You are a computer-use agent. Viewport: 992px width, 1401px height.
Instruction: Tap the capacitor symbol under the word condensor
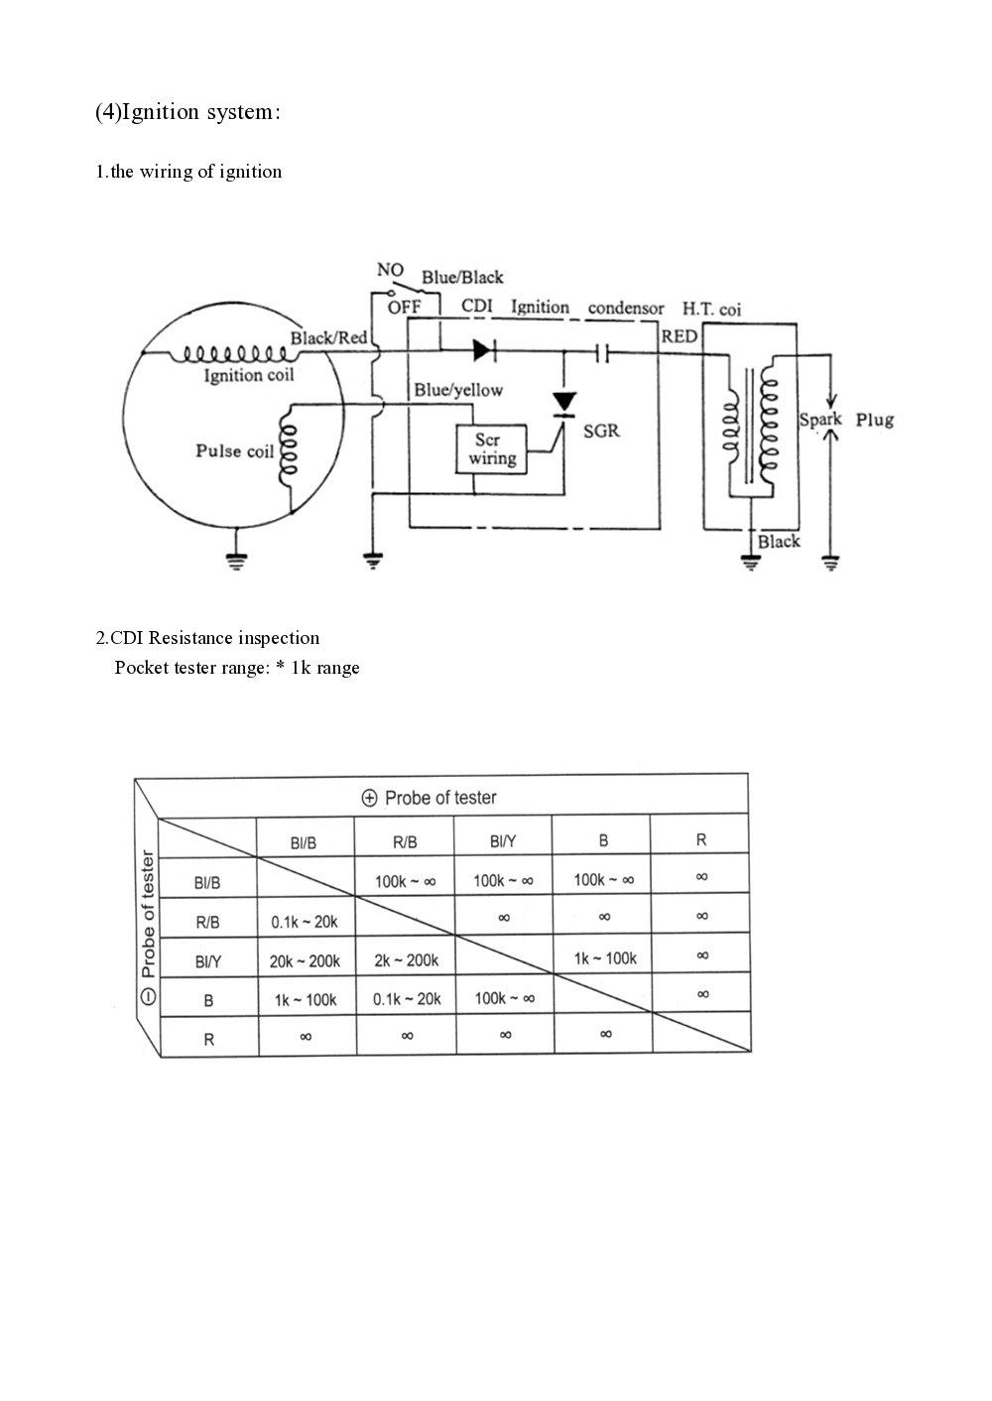pyautogui.click(x=601, y=351)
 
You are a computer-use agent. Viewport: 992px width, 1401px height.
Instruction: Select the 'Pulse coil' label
pyautogui.click(x=234, y=451)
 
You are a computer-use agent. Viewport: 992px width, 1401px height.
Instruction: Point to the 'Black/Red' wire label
pyautogui.click(x=328, y=338)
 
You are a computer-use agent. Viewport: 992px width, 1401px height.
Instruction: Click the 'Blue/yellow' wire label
pyautogui.click(x=458, y=391)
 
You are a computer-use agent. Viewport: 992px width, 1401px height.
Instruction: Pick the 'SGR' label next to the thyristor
pyautogui.click(x=602, y=432)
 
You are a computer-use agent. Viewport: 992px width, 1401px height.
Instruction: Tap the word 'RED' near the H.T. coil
pyautogui.click(x=680, y=336)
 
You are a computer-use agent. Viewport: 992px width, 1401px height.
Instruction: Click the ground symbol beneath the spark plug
pyautogui.click(x=830, y=564)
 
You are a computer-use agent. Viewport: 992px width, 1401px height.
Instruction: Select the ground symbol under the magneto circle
pyautogui.click(x=236, y=562)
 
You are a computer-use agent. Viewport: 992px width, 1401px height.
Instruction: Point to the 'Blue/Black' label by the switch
pyautogui.click(x=462, y=278)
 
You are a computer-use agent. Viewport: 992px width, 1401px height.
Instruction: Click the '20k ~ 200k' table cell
pyautogui.click(x=305, y=960)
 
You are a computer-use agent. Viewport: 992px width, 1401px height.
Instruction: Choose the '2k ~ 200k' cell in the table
pyautogui.click(x=407, y=960)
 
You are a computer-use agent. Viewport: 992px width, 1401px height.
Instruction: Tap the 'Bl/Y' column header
pyautogui.click(x=503, y=841)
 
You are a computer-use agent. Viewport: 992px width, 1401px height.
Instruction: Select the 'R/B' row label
pyautogui.click(x=207, y=922)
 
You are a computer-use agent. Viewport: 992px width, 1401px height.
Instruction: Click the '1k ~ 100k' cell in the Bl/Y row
pyautogui.click(x=605, y=958)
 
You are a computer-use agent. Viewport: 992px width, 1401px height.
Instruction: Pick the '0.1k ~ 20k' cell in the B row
pyautogui.click(x=407, y=999)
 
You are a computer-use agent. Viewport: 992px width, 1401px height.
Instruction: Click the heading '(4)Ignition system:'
pyautogui.click(x=188, y=112)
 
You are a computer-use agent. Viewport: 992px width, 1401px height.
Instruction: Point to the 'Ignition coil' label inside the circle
pyautogui.click(x=249, y=375)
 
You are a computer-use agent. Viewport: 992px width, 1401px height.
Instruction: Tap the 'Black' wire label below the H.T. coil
pyautogui.click(x=779, y=542)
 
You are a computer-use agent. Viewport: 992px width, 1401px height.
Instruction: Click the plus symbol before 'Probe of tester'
pyautogui.click(x=370, y=798)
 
